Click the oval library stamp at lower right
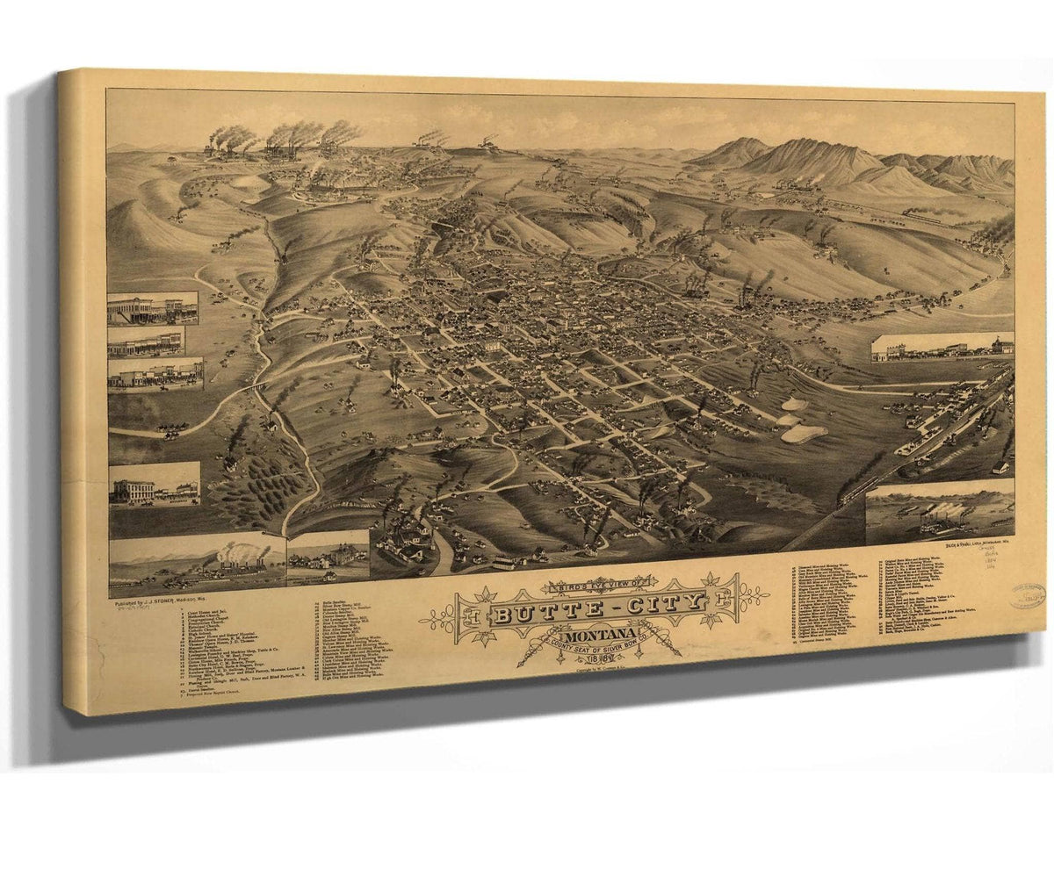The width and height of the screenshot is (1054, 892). click(1025, 598)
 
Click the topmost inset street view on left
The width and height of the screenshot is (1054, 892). click(152, 308)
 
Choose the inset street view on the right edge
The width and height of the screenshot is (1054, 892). click(941, 349)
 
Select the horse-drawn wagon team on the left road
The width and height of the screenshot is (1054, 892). click(169, 430)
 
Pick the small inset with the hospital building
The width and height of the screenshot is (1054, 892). click(327, 555)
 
